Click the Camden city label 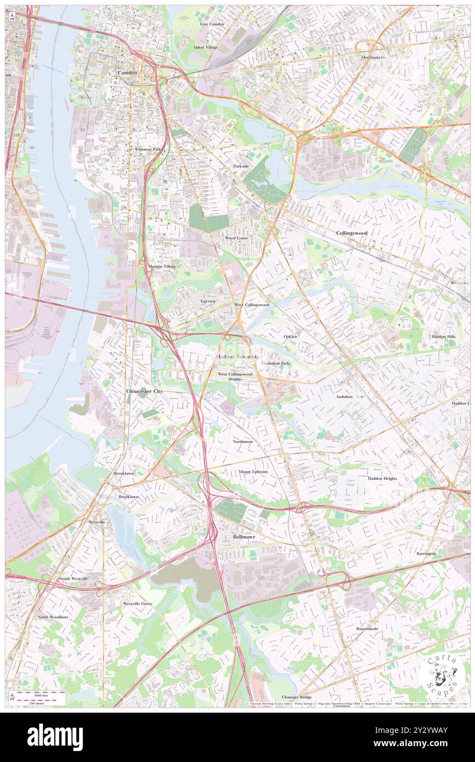tap(127, 72)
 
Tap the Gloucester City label tap(144, 391)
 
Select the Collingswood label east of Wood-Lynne tap(351, 232)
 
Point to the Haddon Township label tap(237, 356)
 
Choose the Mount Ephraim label tap(253, 471)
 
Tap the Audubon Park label tap(276, 363)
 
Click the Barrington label tap(426, 554)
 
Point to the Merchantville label tap(373, 57)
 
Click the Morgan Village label tap(162, 266)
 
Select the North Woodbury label tap(53, 617)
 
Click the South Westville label tap(73, 579)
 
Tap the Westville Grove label tap(137, 604)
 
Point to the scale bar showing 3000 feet tap(38, 695)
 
